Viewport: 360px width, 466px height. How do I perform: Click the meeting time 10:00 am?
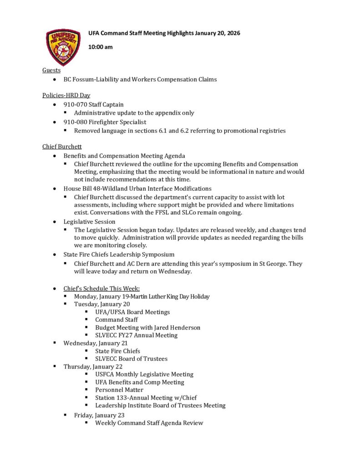click(100, 47)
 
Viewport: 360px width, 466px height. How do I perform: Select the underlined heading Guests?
click(51, 70)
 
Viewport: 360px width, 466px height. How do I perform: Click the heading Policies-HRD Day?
click(66, 95)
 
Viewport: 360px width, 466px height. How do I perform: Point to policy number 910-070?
click(77, 104)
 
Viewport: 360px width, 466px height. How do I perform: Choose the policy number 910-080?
click(77, 122)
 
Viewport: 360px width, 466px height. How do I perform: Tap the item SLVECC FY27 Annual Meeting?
click(137, 335)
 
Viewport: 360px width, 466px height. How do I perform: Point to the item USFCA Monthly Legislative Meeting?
click(144, 374)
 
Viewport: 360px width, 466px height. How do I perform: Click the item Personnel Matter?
click(119, 390)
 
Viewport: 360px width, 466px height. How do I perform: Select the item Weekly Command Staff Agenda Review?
click(149, 423)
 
